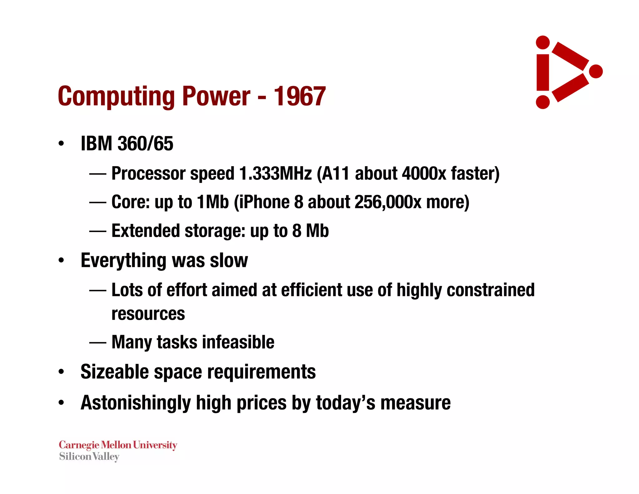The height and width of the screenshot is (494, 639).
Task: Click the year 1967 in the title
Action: [300, 96]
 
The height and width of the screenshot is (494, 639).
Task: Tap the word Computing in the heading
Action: [116, 97]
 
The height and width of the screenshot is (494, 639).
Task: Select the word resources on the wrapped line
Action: [148, 314]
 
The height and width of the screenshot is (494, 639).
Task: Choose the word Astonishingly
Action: [135, 403]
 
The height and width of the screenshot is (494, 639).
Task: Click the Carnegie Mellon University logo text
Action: [118, 445]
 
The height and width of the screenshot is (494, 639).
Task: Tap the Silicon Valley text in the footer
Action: [89, 457]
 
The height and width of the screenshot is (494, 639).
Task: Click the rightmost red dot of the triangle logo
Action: [596, 71]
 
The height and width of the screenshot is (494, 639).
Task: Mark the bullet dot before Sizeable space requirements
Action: [61, 372]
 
